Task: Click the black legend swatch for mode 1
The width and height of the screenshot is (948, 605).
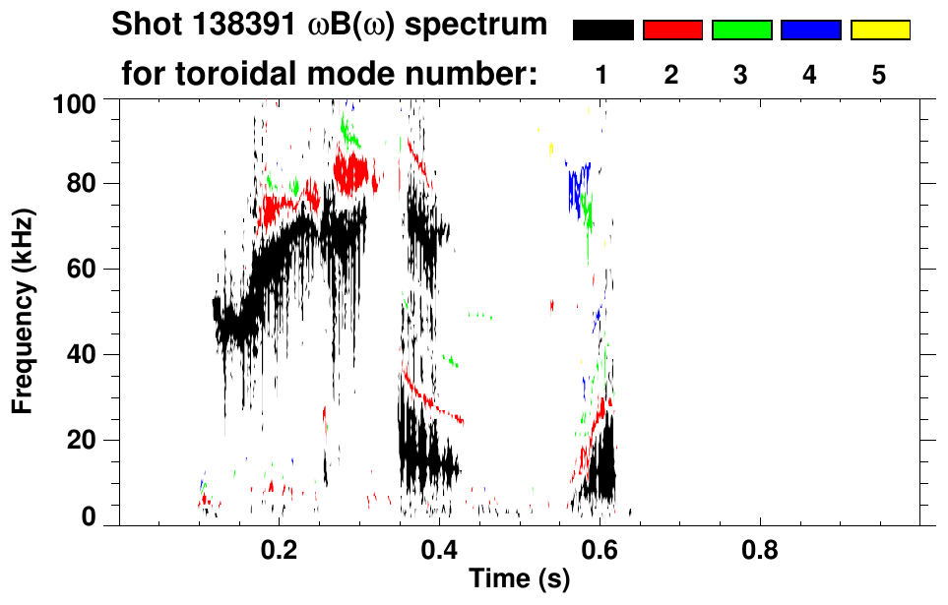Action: [x=602, y=30]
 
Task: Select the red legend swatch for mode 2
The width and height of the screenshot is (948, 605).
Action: [x=672, y=30]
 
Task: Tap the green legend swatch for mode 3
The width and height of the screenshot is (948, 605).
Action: [x=741, y=30]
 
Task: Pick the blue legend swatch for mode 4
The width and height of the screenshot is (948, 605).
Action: [x=810, y=30]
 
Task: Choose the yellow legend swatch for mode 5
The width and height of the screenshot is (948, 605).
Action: [x=879, y=30]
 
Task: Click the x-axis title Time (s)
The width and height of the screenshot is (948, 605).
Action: [x=519, y=579]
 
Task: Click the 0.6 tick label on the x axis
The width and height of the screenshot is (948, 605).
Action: [x=599, y=547]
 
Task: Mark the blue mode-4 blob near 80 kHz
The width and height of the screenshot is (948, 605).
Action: [x=578, y=184]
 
